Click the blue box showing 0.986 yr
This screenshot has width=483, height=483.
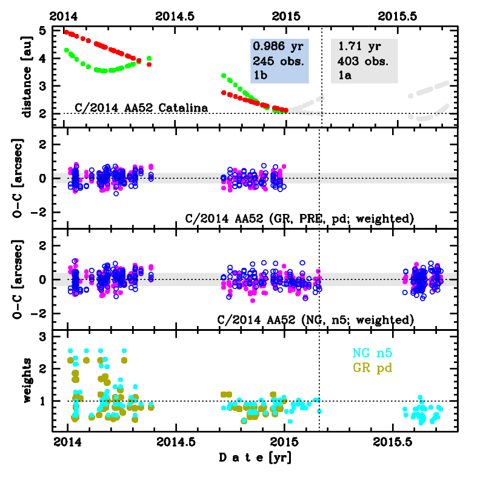pyautogui.click(x=279, y=61)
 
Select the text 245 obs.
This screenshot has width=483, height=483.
pyautogui.click(x=278, y=61)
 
